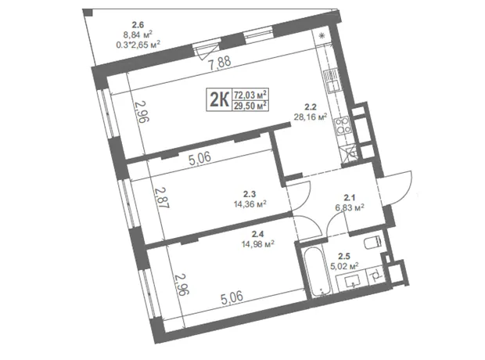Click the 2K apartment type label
[x=219, y=99]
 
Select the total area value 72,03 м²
[x=250, y=94]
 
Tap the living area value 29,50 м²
[x=250, y=106]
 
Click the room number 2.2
[x=311, y=107]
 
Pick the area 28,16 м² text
[x=311, y=117]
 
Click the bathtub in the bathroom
[x=316, y=271]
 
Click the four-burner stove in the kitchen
[x=343, y=125]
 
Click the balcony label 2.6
[x=138, y=24]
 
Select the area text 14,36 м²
[x=250, y=203]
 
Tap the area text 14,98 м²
[x=258, y=244]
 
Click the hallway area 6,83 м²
[x=350, y=207]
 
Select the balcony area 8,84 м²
[x=138, y=34]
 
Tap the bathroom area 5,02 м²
[x=344, y=266]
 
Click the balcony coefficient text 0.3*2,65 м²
[x=138, y=45]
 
